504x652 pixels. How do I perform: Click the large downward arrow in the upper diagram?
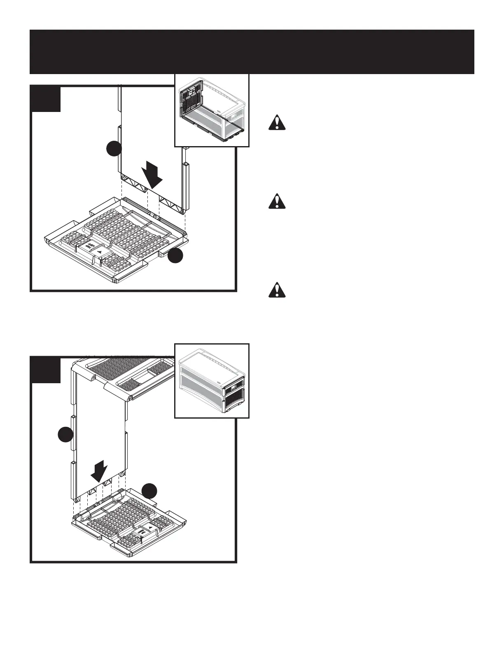coord(152,175)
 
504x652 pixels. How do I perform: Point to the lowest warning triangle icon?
coord(277,290)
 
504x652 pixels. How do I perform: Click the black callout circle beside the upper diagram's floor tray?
coord(175,255)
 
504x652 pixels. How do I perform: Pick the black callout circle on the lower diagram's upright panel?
coord(65,435)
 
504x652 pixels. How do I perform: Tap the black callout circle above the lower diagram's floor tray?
coord(150,491)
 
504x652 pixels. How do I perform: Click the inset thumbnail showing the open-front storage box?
coord(212,110)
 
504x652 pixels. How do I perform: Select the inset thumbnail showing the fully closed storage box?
coord(212,381)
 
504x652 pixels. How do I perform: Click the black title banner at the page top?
coord(252,52)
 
